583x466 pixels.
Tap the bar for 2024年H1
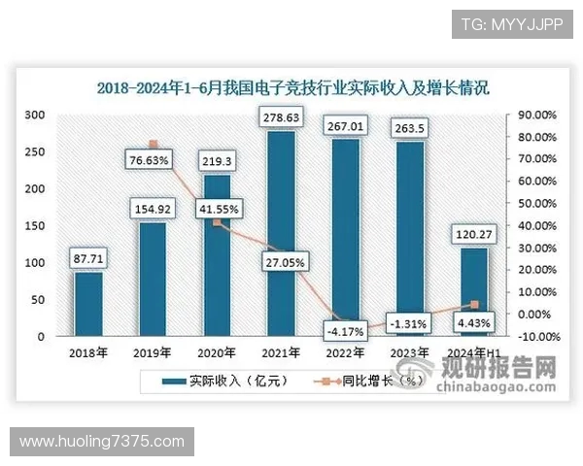[473, 291]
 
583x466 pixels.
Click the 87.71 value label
[88, 258]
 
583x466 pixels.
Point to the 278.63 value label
[281, 117]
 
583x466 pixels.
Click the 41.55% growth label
[217, 208]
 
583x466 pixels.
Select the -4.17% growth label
[345, 331]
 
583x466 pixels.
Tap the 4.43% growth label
[473, 323]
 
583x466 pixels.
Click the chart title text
[292, 87]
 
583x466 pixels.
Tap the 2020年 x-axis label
[217, 352]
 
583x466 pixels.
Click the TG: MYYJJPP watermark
[505, 23]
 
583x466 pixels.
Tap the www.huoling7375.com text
[102, 442]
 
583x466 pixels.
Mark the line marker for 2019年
[153, 145]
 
